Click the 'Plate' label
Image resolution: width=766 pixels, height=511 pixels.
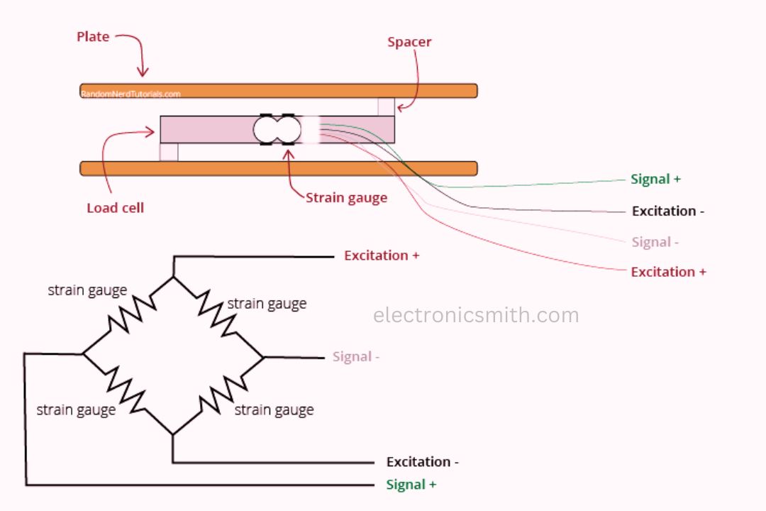[x=93, y=37]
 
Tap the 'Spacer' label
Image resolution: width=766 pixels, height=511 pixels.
[x=409, y=42]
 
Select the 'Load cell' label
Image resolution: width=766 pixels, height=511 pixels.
[x=115, y=208]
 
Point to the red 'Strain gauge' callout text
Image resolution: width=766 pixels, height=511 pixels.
[x=346, y=197]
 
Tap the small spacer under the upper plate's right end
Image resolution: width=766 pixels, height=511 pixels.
[x=386, y=106]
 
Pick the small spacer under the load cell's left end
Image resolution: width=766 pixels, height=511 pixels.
[x=169, y=152]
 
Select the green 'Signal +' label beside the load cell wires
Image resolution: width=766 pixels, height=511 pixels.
[x=655, y=179]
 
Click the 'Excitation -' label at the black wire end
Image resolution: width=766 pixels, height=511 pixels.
[x=667, y=211]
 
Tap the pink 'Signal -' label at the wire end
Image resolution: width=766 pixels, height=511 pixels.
[x=655, y=242]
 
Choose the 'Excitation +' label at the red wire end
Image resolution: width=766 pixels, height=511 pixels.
[x=668, y=272]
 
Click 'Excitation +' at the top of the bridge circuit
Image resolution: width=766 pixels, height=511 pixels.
[x=382, y=255]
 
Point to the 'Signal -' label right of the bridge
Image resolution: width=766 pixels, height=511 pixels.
[x=356, y=356]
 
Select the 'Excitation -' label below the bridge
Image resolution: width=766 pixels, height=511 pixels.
[x=422, y=462]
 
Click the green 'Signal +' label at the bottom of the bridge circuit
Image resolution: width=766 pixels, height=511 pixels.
[x=411, y=485]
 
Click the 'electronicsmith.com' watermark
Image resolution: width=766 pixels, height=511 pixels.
[x=476, y=315]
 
